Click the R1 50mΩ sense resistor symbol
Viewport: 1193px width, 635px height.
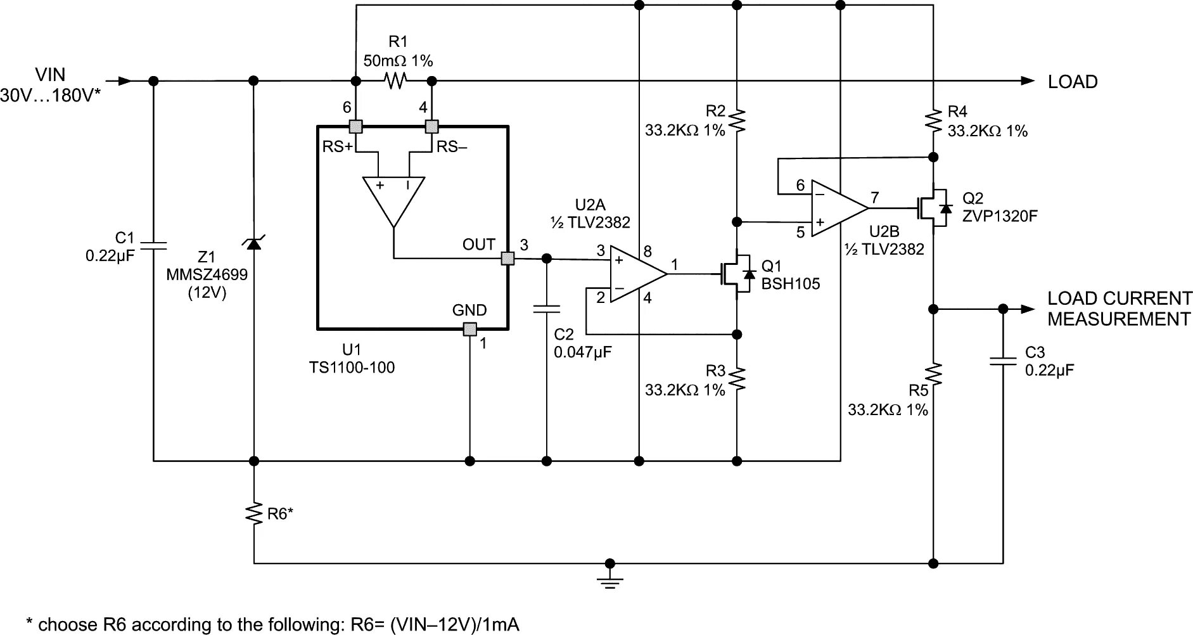tap(395, 81)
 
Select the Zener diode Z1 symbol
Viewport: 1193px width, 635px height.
tap(254, 242)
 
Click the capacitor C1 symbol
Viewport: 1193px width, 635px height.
tap(153, 245)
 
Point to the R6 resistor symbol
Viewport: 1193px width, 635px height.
tap(254, 513)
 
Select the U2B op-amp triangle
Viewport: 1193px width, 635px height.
tap(838, 207)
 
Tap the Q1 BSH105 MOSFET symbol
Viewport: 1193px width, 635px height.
tap(737, 274)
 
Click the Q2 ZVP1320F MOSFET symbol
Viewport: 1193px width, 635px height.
tap(934, 207)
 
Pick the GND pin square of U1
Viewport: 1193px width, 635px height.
tap(469, 329)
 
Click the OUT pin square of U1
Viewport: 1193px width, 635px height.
tap(507, 259)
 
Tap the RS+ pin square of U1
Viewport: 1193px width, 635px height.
tap(356, 126)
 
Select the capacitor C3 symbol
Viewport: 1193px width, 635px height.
tap(1003, 361)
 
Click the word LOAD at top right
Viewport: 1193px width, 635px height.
tap(1072, 82)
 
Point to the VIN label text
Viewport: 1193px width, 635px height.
tap(50, 75)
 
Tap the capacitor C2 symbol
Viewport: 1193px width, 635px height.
tap(547, 309)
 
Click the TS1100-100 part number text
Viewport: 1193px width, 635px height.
tap(352, 368)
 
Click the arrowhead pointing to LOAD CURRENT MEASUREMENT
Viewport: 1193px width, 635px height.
tap(1027, 309)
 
